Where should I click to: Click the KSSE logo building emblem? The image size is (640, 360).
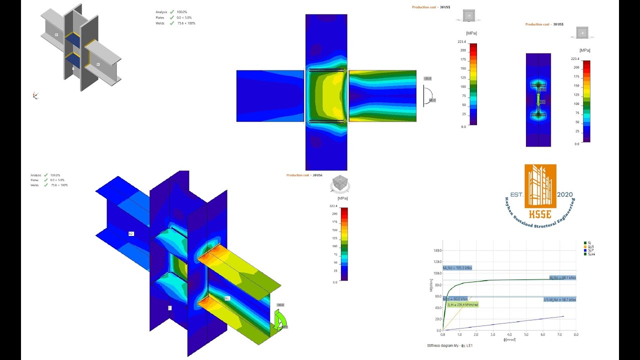click(x=540, y=186)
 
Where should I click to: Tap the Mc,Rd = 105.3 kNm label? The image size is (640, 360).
click(x=457, y=268)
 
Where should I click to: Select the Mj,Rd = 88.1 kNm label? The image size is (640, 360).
click(x=562, y=277)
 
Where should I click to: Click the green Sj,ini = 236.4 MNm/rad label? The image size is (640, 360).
click(x=462, y=304)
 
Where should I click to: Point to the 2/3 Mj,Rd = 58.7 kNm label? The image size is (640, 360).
click(x=559, y=299)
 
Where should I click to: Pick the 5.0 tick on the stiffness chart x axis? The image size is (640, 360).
click(x=526, y=334)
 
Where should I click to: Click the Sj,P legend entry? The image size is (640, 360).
click(x=590, y=250)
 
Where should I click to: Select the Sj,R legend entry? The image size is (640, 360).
click(x=590, y=246)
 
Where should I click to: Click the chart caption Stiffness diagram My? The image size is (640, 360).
click(x=449, y=345)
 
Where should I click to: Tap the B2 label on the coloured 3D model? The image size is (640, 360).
click(x=131, y=233)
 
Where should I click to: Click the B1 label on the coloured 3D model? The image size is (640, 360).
click(x=226, y=298)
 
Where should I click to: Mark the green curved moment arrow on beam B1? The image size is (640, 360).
click(x=280, y=318)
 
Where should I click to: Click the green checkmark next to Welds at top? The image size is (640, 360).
click(x=172, y=23)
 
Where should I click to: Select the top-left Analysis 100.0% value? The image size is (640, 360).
click(x=182, y=11)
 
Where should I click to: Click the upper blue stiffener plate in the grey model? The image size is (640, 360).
click(x=73, y=38)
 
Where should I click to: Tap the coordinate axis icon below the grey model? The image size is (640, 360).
click(x=35, y=95)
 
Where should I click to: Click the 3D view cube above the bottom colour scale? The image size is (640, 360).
click(x=340, y=184)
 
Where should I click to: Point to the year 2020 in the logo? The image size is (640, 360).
click(x=565, y=194)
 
